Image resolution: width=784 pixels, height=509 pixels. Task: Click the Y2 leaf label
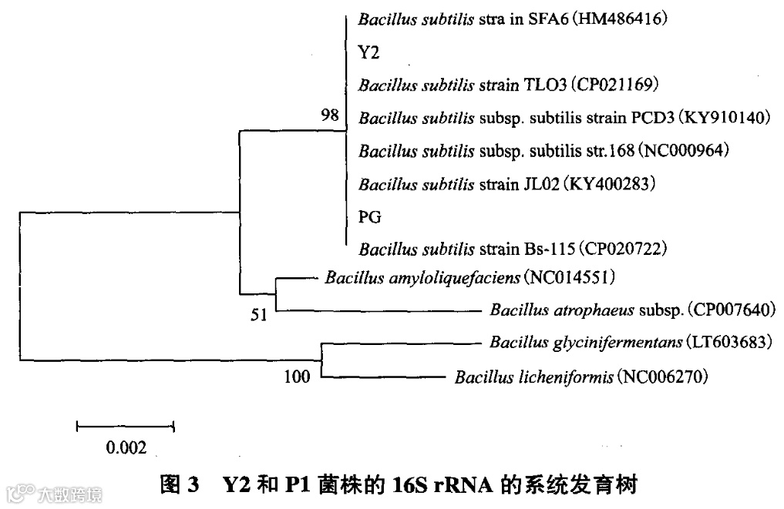point(369,52)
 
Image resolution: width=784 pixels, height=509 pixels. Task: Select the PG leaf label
point(370,217)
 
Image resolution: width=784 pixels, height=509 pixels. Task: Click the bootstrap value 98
point(330,116)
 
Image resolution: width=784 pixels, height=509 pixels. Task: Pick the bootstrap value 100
point(297,377)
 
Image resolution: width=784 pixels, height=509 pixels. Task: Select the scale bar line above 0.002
point(126,425)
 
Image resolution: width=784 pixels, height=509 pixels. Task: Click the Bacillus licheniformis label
point(533,377)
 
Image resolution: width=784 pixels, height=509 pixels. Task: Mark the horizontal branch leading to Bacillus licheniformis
point(382,377)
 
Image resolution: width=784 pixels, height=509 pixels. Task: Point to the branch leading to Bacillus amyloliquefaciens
point(294,277)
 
